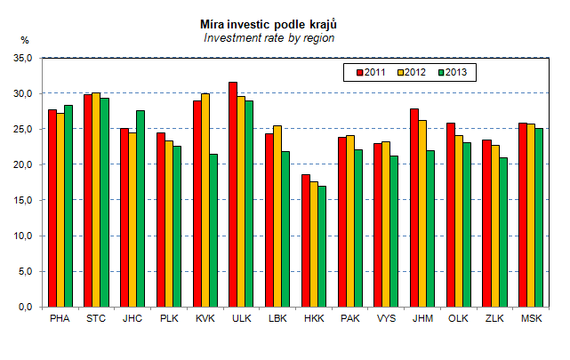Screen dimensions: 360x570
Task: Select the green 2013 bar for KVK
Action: point(213,230)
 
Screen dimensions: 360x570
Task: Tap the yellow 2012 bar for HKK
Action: point(314,244)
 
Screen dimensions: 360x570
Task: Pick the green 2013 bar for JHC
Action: point(140,208)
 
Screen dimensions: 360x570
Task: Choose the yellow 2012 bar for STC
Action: point(96,199)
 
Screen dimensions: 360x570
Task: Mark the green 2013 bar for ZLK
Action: point(503,232)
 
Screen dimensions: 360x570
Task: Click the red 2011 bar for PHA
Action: point(52,208)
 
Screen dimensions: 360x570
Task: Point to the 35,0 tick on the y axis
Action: point(24,58)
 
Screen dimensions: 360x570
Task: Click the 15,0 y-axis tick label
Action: point(24,200)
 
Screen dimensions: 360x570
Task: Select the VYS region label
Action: point(386,317)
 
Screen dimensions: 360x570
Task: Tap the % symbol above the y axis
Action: point(25,40)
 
